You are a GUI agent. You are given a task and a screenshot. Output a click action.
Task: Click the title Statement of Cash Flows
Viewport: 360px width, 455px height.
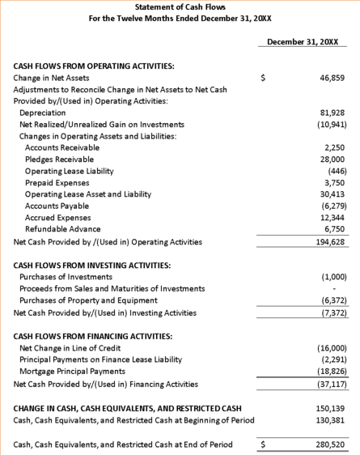[x=180, y=7]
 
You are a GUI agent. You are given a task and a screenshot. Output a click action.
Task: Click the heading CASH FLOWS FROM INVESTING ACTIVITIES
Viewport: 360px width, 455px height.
[x=91, y=266]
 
